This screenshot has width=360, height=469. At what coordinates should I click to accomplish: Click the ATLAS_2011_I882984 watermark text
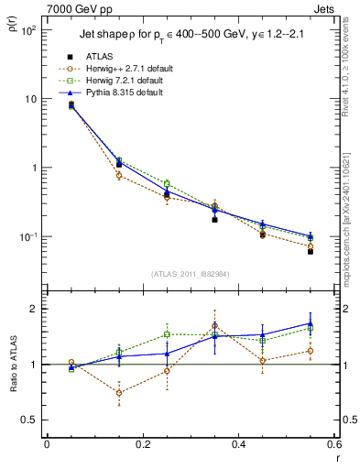click(191, 274)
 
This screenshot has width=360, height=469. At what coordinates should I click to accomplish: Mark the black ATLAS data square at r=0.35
click(214, 220)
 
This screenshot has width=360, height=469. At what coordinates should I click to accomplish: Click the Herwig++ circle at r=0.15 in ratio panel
click(119, 392)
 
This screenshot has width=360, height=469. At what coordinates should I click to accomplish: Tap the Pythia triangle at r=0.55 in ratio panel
click(311, 323)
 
